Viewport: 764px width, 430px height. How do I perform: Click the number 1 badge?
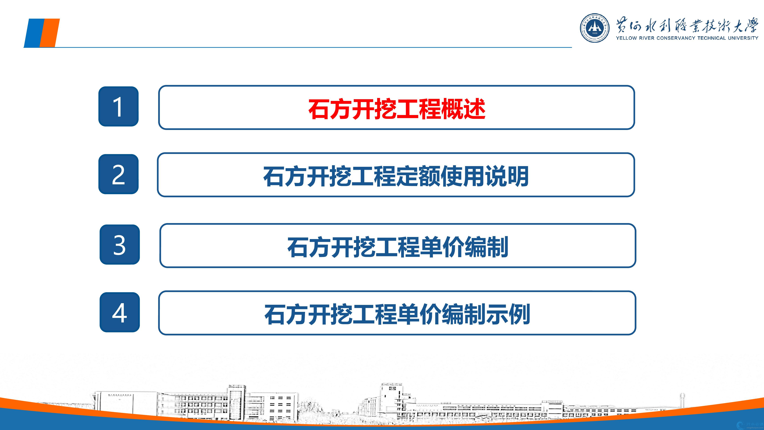118,107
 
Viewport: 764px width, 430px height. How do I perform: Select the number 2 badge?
118,174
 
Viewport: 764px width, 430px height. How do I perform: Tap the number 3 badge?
119,244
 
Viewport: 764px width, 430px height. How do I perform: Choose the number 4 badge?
119,312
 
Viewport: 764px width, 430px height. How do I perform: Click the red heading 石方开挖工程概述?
397,109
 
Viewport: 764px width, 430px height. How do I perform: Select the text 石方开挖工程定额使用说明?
396,176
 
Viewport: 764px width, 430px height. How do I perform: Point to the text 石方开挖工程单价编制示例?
397,314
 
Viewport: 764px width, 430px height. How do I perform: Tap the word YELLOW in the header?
626,38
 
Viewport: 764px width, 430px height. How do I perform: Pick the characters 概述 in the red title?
463,109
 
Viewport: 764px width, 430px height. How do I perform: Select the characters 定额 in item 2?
418,176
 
